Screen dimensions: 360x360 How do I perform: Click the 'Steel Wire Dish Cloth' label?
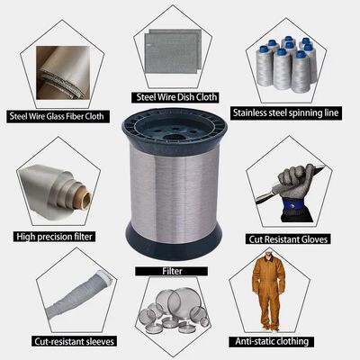click(176, 97)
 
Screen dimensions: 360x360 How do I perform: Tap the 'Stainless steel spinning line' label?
click(285, 112)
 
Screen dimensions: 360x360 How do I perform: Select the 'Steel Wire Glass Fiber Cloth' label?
click(57, 116)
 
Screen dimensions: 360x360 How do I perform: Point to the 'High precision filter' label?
click(54, 237)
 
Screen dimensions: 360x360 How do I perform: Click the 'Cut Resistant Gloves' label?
click(288, 239)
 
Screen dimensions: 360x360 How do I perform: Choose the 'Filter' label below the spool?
click(172, 271)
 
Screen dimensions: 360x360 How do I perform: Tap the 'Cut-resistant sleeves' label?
click(74, 341)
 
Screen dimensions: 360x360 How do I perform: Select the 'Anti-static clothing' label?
click(272, 341)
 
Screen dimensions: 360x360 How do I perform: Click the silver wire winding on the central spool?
click(175, 192)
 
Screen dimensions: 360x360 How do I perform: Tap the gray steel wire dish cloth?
click(172, 51)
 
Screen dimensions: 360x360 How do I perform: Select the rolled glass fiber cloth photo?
click(63, 73)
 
